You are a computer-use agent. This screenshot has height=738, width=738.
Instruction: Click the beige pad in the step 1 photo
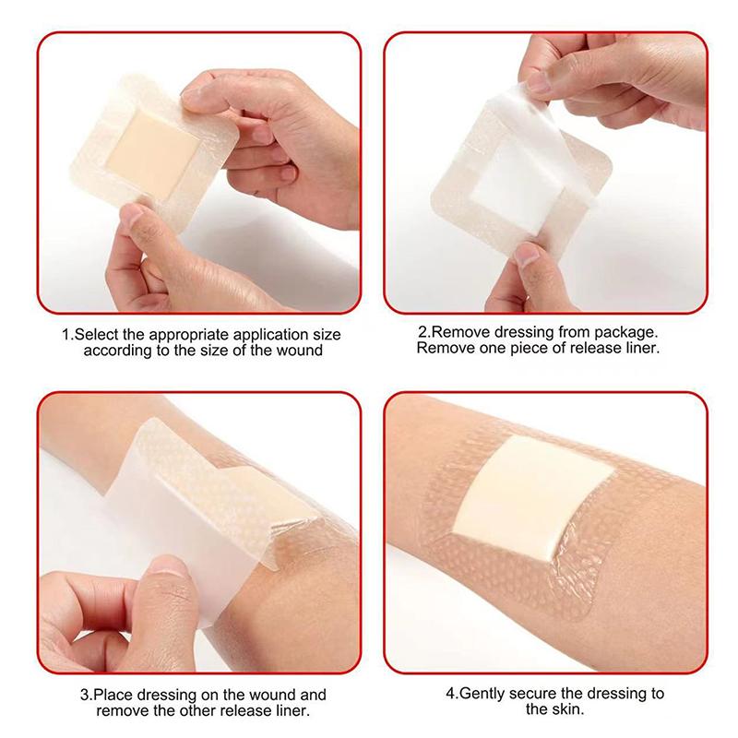point(151,153)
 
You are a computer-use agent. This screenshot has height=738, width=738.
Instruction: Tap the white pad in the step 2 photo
point(511,181)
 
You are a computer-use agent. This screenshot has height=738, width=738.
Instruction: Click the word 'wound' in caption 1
point(300,351)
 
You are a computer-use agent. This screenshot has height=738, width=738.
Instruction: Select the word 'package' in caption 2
point(624,333)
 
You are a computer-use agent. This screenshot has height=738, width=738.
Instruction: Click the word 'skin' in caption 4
point(567,709)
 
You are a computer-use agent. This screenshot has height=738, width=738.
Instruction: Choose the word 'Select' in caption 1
point(97,335)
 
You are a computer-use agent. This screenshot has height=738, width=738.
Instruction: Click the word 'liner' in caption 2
point(640,349)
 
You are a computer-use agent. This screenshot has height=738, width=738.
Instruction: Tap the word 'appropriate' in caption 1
point(190,335)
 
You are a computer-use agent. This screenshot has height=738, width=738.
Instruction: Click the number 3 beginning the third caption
point(85,696)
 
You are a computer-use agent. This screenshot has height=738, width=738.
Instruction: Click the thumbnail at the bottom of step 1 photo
point(133,215)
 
